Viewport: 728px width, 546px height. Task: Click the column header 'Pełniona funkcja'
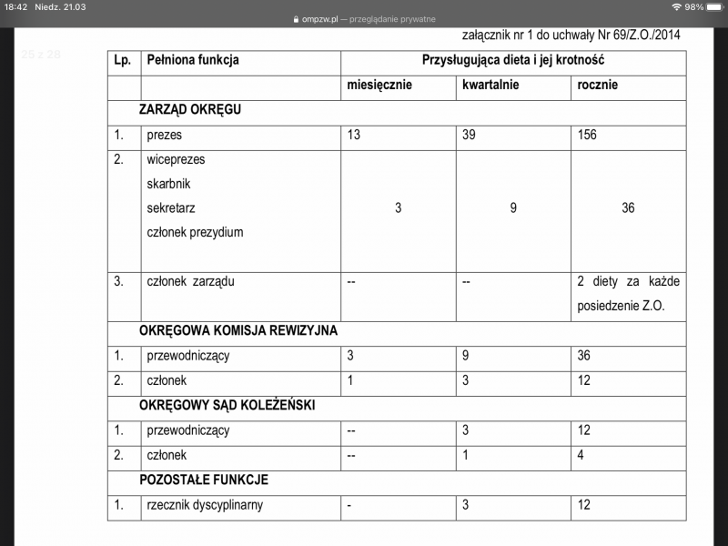192,60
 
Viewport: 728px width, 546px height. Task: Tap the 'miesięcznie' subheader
379,85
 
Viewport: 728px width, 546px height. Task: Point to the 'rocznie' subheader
598,85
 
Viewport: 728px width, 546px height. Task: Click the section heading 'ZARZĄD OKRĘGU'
189,109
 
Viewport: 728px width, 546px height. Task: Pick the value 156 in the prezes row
588,135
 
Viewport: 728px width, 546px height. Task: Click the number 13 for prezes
354,135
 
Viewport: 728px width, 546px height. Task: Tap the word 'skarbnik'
168,183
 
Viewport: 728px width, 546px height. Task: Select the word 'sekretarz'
170,207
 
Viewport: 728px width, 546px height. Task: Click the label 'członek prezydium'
195,232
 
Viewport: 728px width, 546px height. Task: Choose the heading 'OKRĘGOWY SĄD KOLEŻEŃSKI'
227,405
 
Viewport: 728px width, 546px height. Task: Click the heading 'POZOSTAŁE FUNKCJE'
204,479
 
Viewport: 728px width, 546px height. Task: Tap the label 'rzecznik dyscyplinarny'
205,504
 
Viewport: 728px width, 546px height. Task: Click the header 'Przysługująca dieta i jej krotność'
513,60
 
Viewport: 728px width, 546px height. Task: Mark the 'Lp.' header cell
123,60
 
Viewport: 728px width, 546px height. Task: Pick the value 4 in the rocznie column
581,454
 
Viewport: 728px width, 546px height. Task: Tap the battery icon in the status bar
714,6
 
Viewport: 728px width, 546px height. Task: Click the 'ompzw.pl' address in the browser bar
320,18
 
